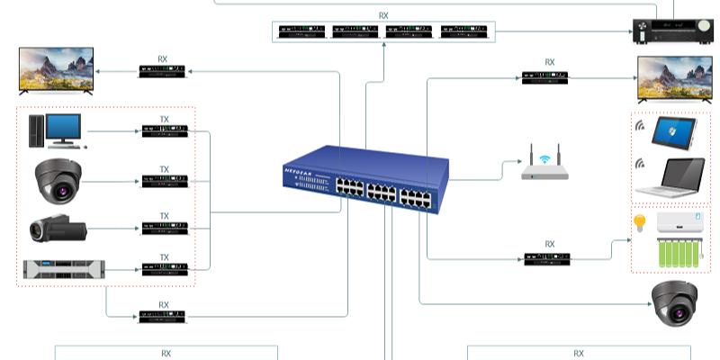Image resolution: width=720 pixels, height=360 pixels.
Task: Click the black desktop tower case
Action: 36,131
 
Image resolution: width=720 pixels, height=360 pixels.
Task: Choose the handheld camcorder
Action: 57,228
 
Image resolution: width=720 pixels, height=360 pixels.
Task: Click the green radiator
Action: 670,252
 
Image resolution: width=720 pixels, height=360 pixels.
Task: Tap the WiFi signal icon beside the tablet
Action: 641,126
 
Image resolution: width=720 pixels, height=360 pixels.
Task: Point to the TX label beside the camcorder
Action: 165,216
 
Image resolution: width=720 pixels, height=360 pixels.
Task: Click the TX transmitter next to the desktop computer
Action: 164,132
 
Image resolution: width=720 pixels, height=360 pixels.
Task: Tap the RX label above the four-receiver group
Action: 384,15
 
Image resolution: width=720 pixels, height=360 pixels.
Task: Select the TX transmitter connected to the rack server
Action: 164,267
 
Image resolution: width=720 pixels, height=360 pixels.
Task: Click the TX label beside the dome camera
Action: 165,169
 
